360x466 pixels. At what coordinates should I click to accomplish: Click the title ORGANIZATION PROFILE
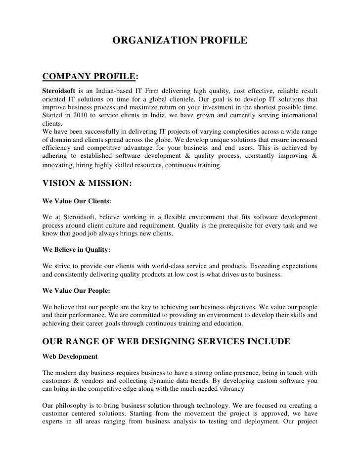[180, 41]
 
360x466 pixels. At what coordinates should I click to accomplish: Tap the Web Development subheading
[70, 356]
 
